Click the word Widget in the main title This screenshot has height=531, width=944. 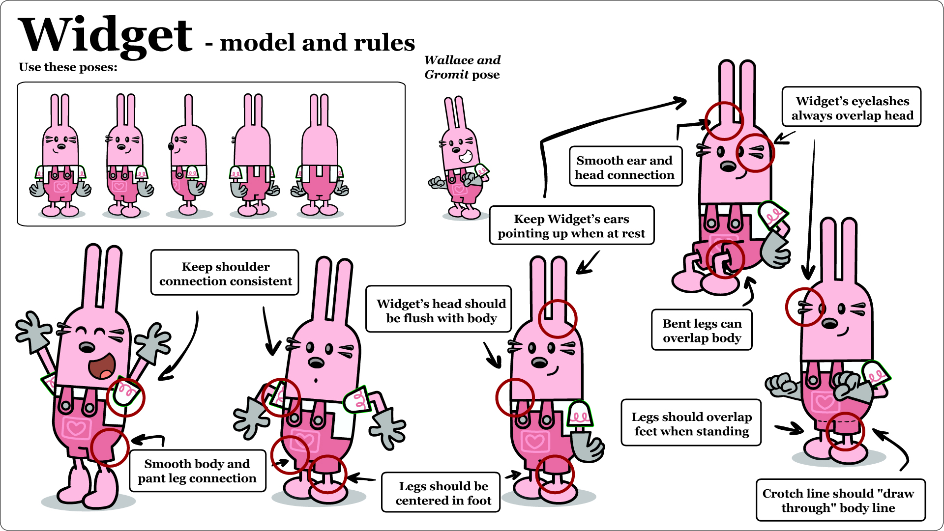point(105,35)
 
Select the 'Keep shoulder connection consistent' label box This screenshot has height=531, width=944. point(225,273)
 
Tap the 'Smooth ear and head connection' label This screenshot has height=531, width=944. point(625,167)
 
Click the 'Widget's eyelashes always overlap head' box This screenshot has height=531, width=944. point(852,108)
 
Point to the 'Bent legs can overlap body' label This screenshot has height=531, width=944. point(702,330)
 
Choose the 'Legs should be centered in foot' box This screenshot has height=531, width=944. point(441,493)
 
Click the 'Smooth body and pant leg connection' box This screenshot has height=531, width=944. point(197,471)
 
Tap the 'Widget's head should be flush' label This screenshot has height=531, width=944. point(439,310)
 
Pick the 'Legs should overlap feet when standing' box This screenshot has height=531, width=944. point(691,423)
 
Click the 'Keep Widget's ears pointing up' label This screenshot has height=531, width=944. point(571,225)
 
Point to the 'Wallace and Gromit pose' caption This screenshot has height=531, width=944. point(462,67)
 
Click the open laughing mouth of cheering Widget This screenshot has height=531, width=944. point(102,365)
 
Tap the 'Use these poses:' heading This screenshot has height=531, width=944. point(68,67)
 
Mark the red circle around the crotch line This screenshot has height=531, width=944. point(845,431)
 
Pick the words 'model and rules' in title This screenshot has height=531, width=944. point(317,43)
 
